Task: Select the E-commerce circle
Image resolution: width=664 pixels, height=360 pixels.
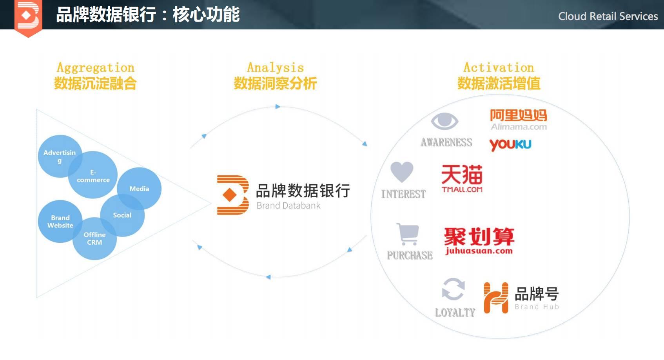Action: tap(93, 175)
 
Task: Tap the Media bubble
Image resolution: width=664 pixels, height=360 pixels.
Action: tap(139, 189)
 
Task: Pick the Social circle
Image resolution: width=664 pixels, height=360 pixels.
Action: tap(122, 215)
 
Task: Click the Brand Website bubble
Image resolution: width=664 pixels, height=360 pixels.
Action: tap(60, 222)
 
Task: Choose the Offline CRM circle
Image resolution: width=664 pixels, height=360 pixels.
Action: tap(94, 239)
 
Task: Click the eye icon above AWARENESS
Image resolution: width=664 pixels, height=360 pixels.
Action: tap(444, 121)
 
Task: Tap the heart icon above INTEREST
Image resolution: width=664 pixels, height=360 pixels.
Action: tap(402, 172)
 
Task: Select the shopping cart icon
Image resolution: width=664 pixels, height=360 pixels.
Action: tap(408, 234)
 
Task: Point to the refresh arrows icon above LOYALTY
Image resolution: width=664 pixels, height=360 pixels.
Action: tap(453, 289)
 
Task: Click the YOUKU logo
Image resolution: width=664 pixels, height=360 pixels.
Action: tap(510, 145)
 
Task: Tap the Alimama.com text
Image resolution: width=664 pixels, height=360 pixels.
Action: tap(519, 127)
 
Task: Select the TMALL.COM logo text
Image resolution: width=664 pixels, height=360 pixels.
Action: tap(462, 189)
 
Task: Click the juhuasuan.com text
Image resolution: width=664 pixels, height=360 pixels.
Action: tap(479, 251)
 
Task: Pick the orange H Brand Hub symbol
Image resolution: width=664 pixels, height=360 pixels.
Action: tap(496, 298)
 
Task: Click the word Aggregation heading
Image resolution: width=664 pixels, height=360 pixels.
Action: tap(96, 67)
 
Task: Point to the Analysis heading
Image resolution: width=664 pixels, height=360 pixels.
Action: tap(276, 67)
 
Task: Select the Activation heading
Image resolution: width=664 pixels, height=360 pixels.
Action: tap(499, 67)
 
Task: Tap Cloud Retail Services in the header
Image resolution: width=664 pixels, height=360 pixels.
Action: tap(608, 16)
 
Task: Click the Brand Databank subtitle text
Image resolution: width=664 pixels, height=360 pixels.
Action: tap(288, 205)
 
